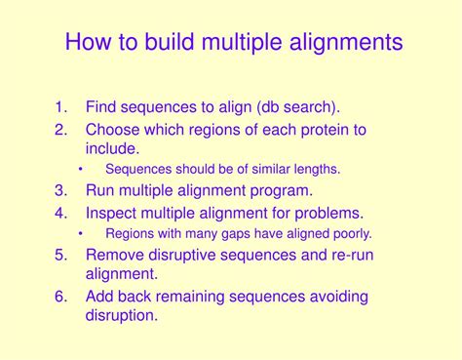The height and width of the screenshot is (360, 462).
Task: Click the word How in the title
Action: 88,43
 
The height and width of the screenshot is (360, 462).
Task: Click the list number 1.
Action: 60,107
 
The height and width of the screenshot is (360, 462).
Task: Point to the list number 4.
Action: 60,213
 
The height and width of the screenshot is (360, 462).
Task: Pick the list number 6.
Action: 60,296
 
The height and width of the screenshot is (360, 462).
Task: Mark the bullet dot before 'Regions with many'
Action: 81,234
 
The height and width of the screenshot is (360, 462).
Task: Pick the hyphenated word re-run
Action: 348,255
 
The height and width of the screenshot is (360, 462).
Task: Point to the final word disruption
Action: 122,315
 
